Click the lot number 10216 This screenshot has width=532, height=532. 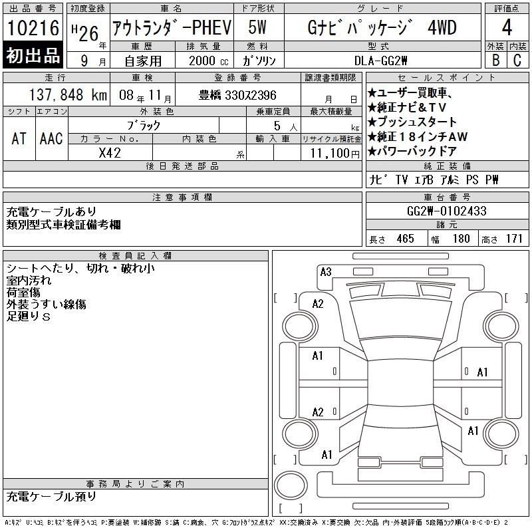click(33, 28)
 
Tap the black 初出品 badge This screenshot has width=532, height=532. click(33, 55)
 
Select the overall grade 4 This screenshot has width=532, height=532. click(507, 27)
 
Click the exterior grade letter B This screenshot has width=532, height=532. click(495, 60)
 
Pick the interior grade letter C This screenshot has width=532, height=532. click(517, 60)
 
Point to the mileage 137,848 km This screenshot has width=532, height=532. click(68, 95)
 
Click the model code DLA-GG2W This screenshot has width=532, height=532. click(380, 61)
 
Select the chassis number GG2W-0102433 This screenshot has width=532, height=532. click(446, 211)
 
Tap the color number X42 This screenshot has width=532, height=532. click(110, 153)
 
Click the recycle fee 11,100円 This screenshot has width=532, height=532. click(335, 154)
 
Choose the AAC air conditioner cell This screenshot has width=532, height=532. click(51, 138)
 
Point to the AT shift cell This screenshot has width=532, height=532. click(19, 138)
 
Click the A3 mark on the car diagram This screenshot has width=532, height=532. click(326, 272)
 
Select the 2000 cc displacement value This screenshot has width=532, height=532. click(209, 61)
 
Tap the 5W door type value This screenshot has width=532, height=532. click(257, 27)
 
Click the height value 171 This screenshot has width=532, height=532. click(514, 239)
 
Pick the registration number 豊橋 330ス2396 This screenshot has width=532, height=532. click(237, 95)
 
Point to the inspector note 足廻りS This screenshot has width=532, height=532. click(29, 317)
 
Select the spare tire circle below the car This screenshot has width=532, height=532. click(291, 485)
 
